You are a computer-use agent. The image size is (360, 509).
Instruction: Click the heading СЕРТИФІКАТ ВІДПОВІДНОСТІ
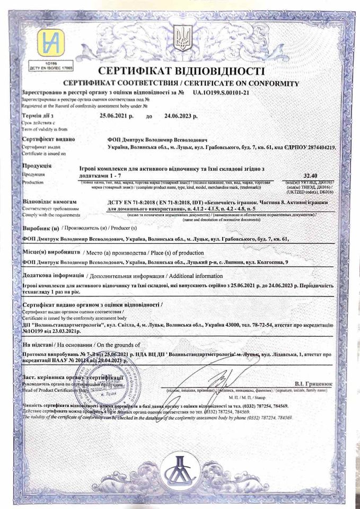coord(181,72)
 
